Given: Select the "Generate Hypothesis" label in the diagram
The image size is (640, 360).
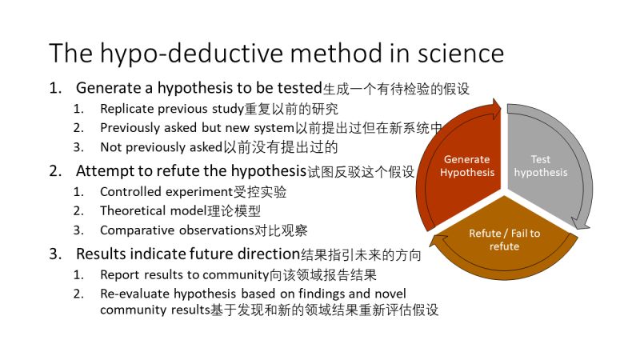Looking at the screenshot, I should tap(466, 166).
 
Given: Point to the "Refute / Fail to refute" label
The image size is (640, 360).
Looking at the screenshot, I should tap(504, 239).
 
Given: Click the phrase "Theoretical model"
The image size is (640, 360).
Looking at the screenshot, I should tap(154, 211).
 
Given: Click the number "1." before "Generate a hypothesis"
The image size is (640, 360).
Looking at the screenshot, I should tap(55, 87).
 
